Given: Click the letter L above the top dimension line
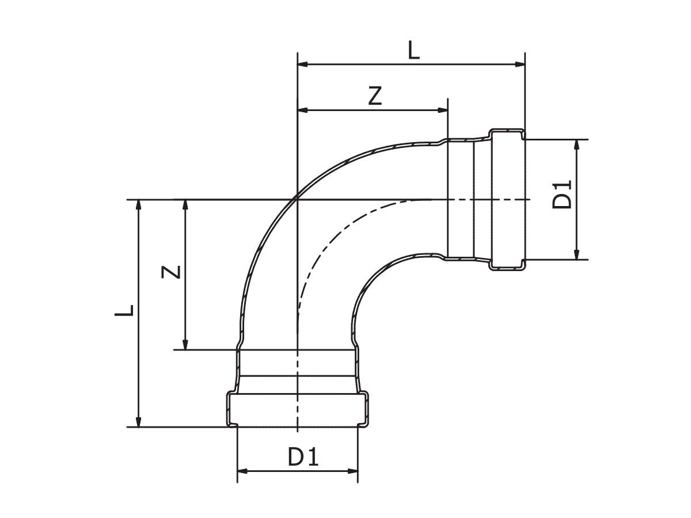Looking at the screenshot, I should coord(414,51).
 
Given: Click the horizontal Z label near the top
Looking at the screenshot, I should coord(375,96).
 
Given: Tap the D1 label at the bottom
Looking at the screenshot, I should coord(303,458).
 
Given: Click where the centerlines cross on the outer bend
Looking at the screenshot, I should coord(297,199).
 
